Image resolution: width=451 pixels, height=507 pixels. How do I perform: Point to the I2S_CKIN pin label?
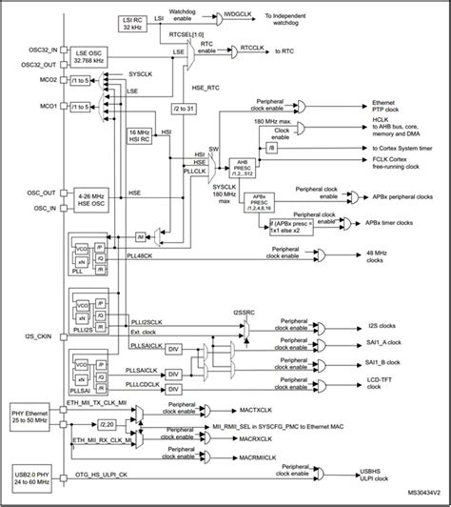[x=31, y=336]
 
